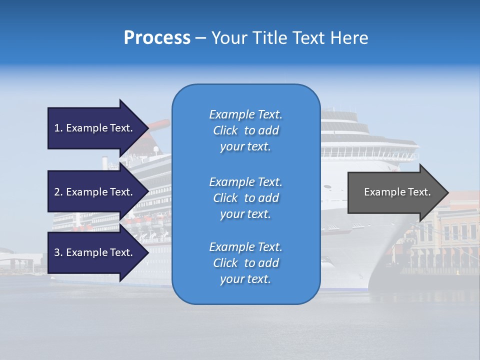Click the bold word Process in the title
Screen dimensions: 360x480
pos(157,38)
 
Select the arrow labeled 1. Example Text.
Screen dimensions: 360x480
pos(95,128)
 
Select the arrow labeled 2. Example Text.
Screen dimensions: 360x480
pos(95,192)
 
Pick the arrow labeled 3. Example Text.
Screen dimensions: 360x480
pos(95,252)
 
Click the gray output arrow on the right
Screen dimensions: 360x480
pos(395,192)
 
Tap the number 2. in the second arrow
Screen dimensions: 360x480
pos(58,192)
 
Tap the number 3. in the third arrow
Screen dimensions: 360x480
pos(58,252)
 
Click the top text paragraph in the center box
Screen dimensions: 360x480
pos(245,130)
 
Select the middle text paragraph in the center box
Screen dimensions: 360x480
pos(245,198)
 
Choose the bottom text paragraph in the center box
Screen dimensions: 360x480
pos(245,263)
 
